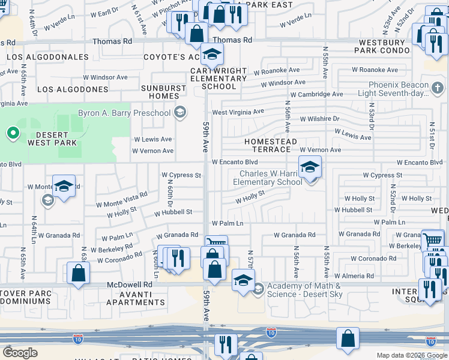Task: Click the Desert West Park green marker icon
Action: point(13,132)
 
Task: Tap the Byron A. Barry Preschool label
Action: point(125,112)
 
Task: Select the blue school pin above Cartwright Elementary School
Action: point(211,56)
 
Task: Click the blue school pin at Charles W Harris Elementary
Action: point(310,167)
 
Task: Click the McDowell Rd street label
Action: point(130,284)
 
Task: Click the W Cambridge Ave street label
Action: point(316,94)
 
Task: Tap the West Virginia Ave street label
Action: point(238,112)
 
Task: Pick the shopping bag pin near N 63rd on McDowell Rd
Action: point(79,274)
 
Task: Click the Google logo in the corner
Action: point(20,353)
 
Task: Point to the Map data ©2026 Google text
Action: point(412,355)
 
